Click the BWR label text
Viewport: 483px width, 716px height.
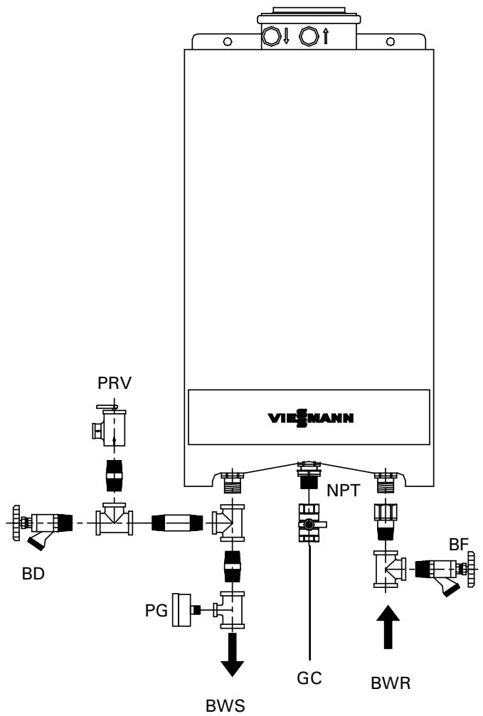click(x=391, y=685)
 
